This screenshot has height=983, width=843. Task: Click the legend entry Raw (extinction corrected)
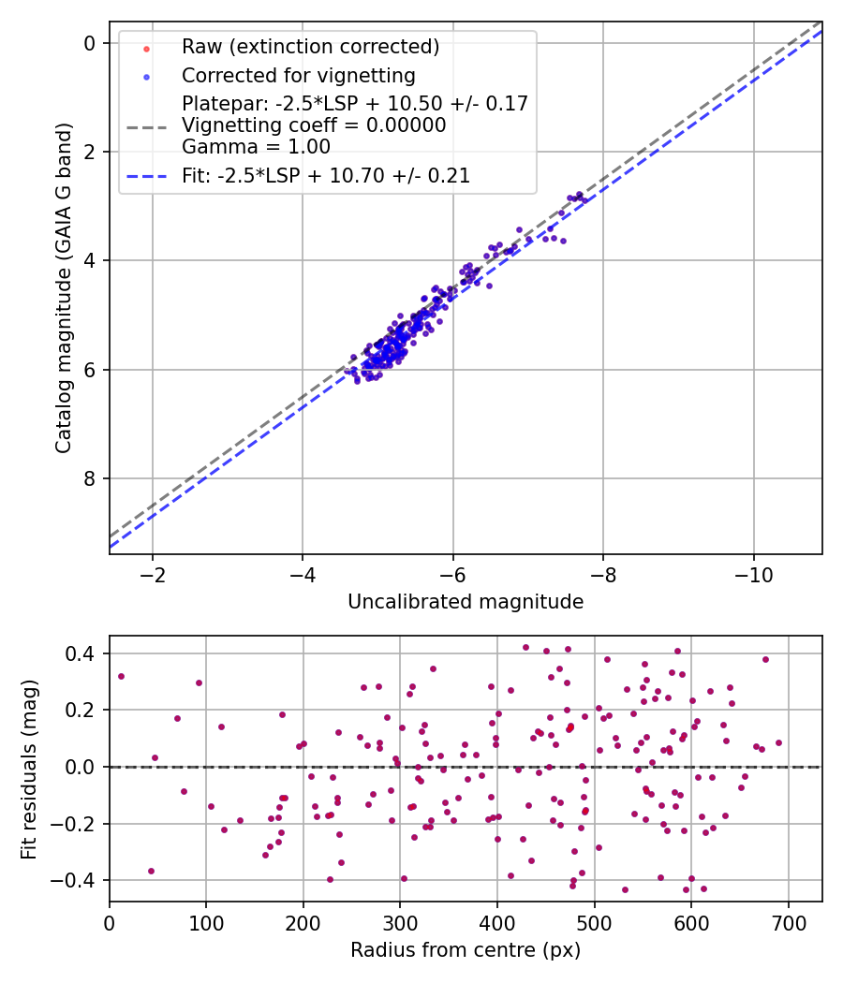pos(310,47)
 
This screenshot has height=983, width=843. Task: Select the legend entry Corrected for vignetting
pos(298,75)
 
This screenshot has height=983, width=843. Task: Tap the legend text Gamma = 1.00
pos(256,146)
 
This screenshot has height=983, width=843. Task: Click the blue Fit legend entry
pos(325,175)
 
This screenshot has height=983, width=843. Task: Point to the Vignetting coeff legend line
pos(314,125)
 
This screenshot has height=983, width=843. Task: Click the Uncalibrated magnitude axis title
pos(466,602)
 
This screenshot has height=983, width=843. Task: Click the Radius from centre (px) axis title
pos(466,950)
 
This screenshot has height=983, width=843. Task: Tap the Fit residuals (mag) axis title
pos(29,768)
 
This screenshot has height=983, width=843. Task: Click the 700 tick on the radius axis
pos(788,922)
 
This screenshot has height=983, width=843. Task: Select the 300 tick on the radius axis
pos(400,922)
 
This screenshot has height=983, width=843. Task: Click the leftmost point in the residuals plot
pos(121,676)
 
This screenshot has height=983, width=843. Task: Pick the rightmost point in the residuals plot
pos(778,742)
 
